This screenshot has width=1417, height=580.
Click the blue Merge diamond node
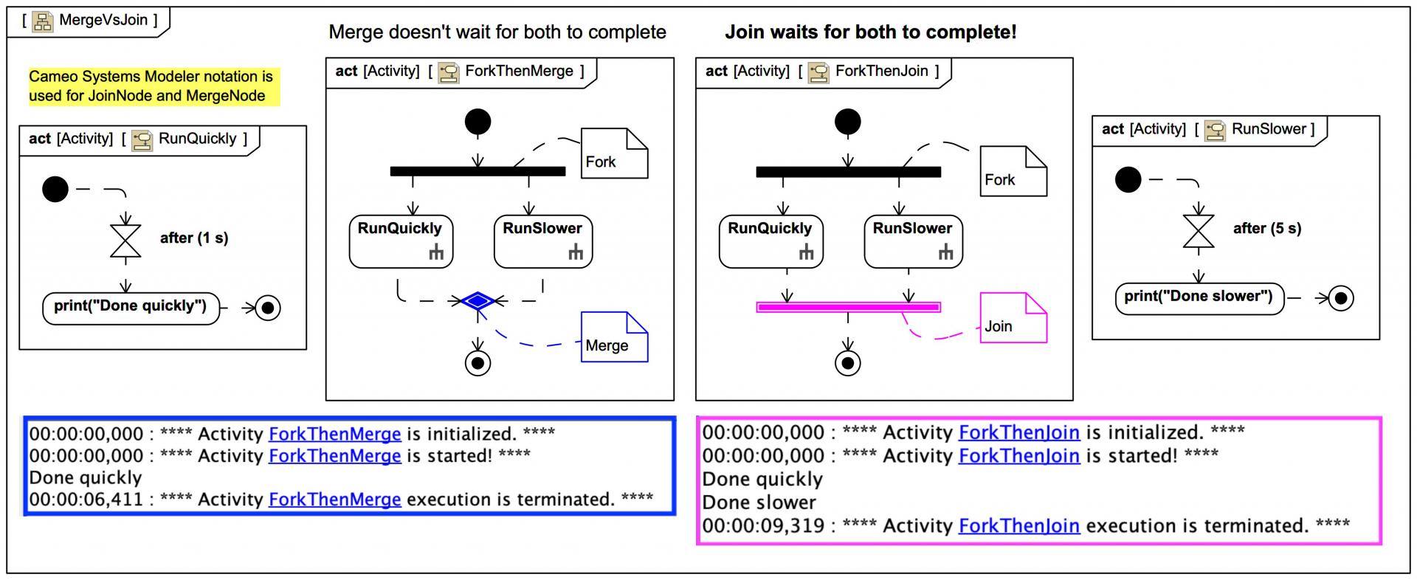[478, 301]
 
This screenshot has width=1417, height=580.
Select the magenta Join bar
[848, 307]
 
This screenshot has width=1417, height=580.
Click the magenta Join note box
[1012, 319]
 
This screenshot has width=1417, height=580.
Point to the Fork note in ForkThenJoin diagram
[1012, 172]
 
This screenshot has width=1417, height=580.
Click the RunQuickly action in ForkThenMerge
[400, 241]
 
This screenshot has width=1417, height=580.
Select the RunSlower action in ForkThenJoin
[912, 241]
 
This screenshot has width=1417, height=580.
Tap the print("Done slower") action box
[1199, 297]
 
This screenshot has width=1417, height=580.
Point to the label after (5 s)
[1266, 229]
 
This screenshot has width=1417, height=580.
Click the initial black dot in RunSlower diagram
[1128, 179]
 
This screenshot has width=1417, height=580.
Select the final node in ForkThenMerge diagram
[478, 363]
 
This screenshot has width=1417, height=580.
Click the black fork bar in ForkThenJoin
[848, 173]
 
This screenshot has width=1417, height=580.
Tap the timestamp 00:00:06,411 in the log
[86, 500]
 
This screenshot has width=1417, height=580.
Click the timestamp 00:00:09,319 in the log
[763, 526]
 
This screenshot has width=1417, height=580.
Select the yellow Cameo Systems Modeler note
[151, 86]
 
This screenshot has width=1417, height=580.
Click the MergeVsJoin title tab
[89, 21]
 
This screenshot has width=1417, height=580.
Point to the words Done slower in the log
[759, 503]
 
